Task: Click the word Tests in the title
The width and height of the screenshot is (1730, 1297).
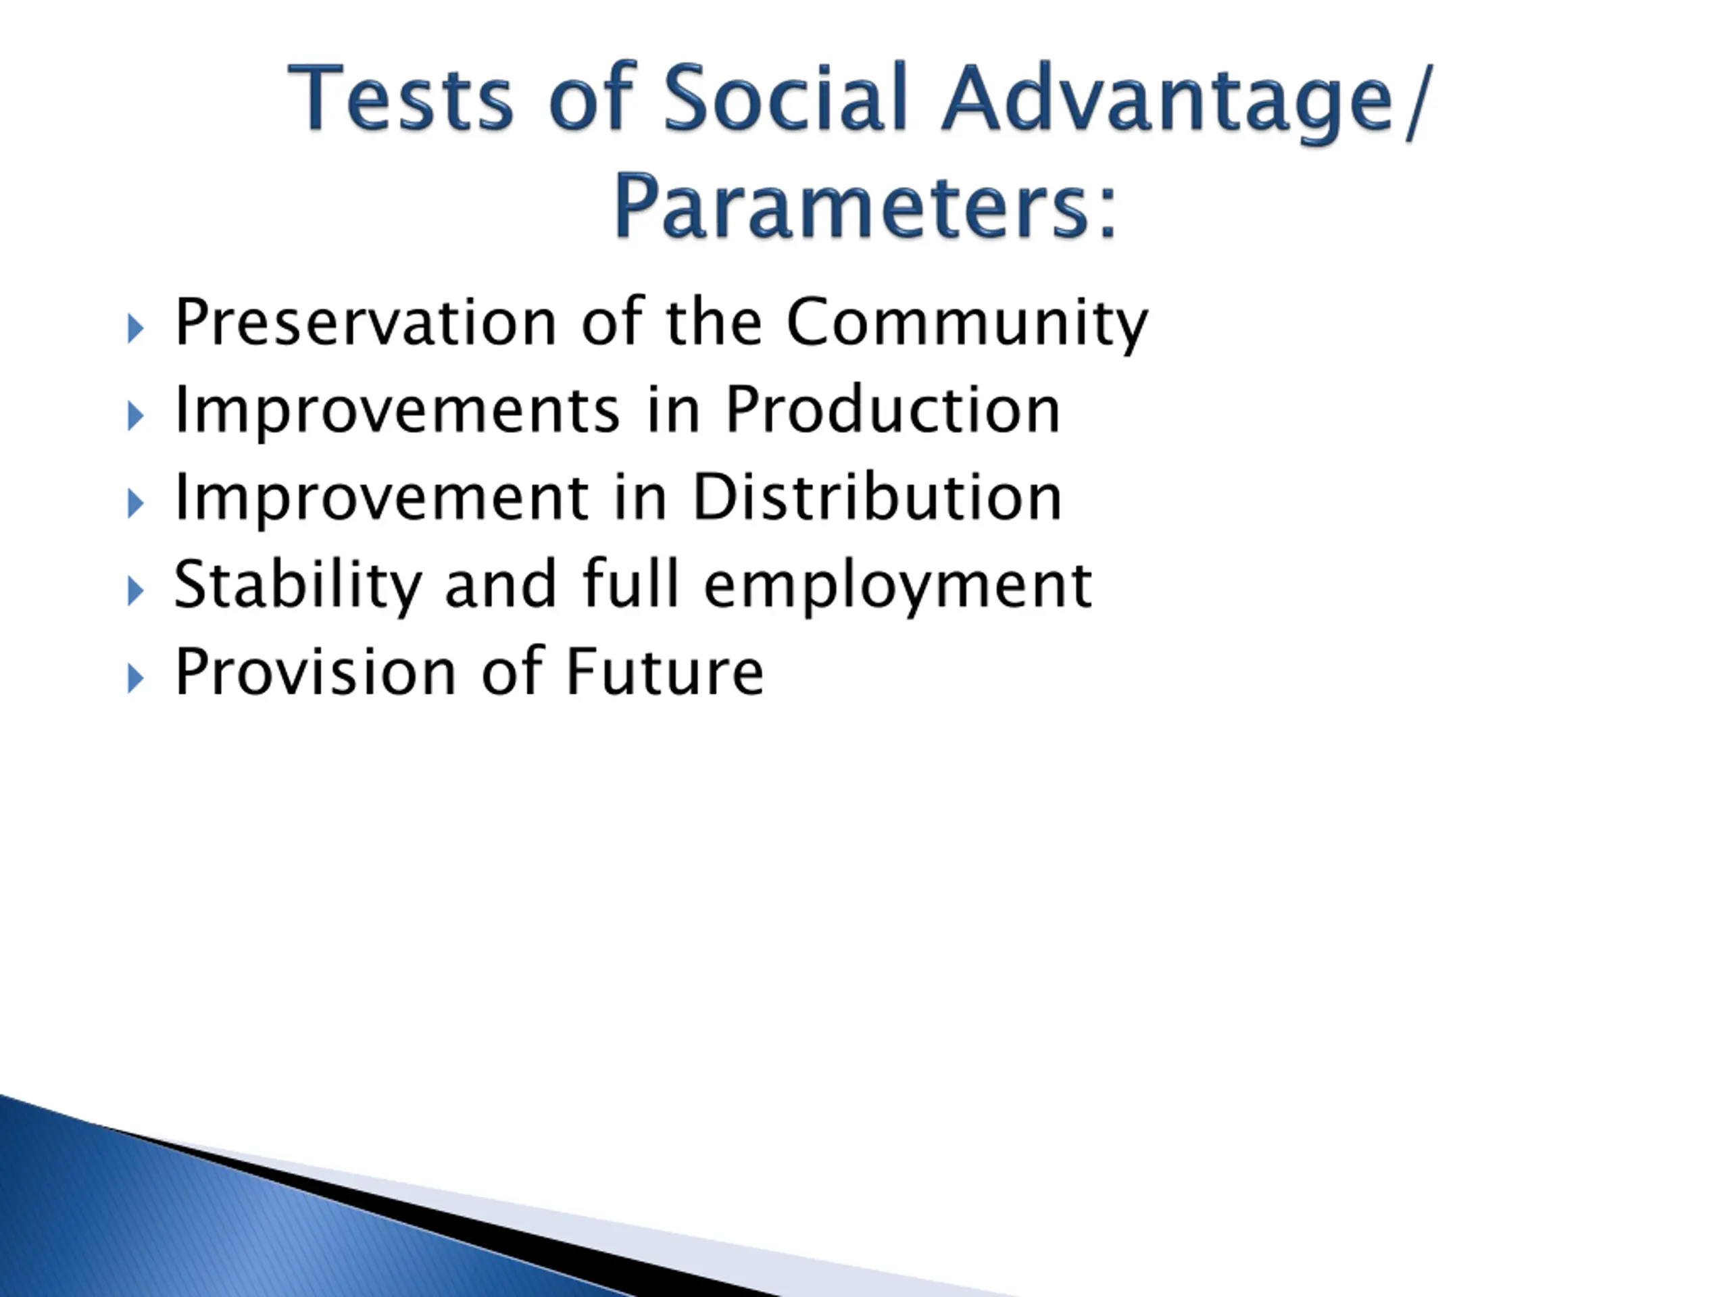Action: pyautogui.click(x=401, y=98)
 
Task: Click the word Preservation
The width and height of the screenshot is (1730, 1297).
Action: pyautogui.click(x=365, y=322)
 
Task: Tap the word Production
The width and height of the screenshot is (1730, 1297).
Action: pyautogui.click(x=893, y=409)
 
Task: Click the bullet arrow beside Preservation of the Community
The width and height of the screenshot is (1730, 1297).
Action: pyautogui.click(x=135, y=329)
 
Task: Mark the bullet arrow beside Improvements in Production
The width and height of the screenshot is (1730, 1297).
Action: pyautogui.click(x=135, y=417)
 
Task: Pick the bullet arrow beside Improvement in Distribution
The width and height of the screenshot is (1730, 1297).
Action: pyautogui.click(x=135, y=504)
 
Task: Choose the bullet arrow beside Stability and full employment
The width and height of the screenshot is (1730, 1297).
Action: pyautogui.click(x=135, y=592)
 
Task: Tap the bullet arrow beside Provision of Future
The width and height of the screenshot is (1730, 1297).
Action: pyautogui.click(x=135, y=680)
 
